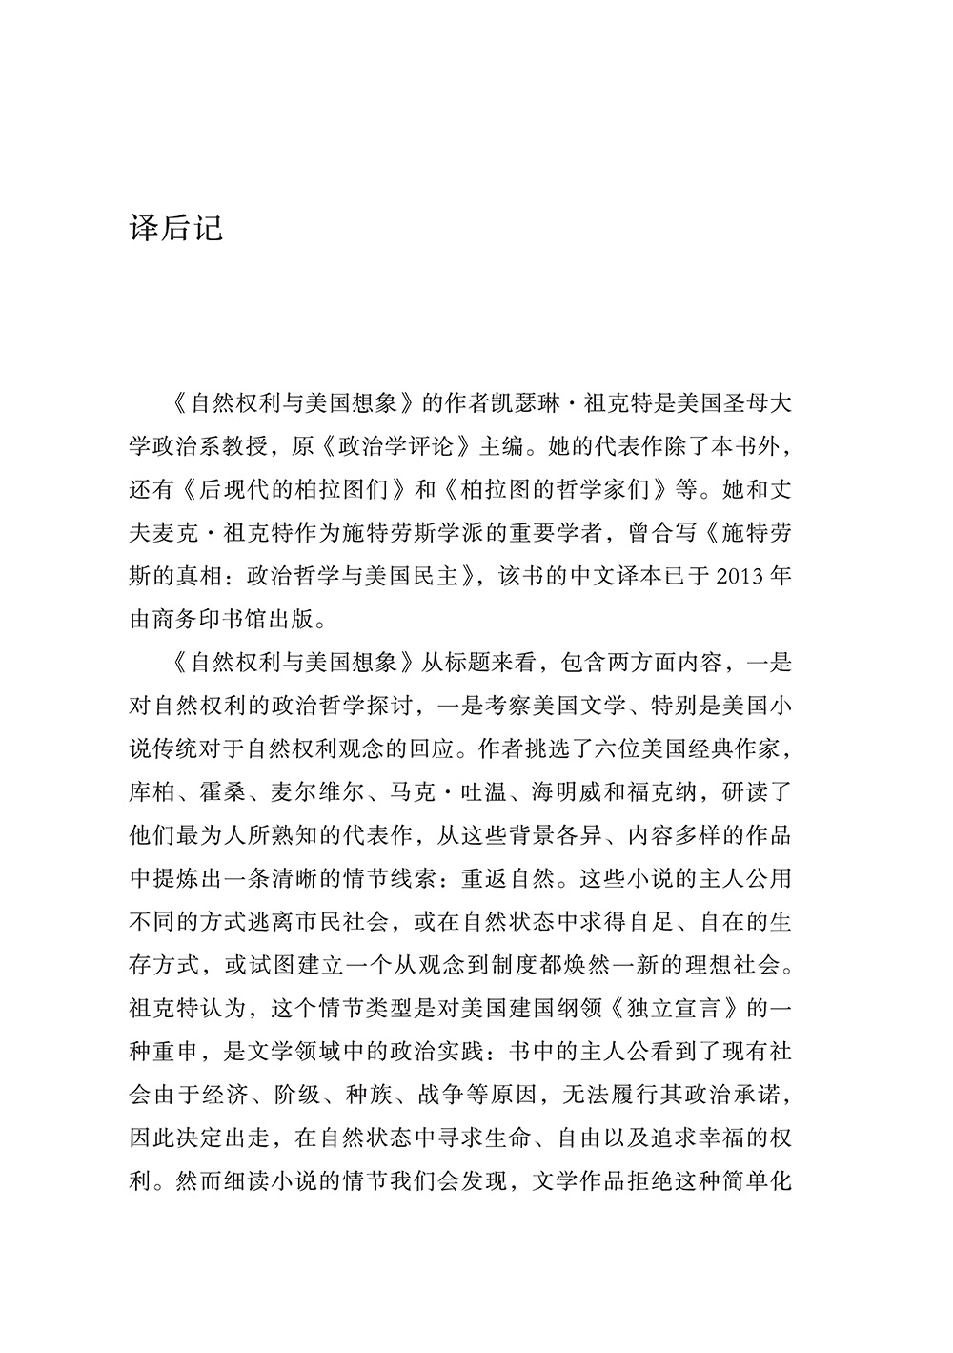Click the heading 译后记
(x=175, y=229)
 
